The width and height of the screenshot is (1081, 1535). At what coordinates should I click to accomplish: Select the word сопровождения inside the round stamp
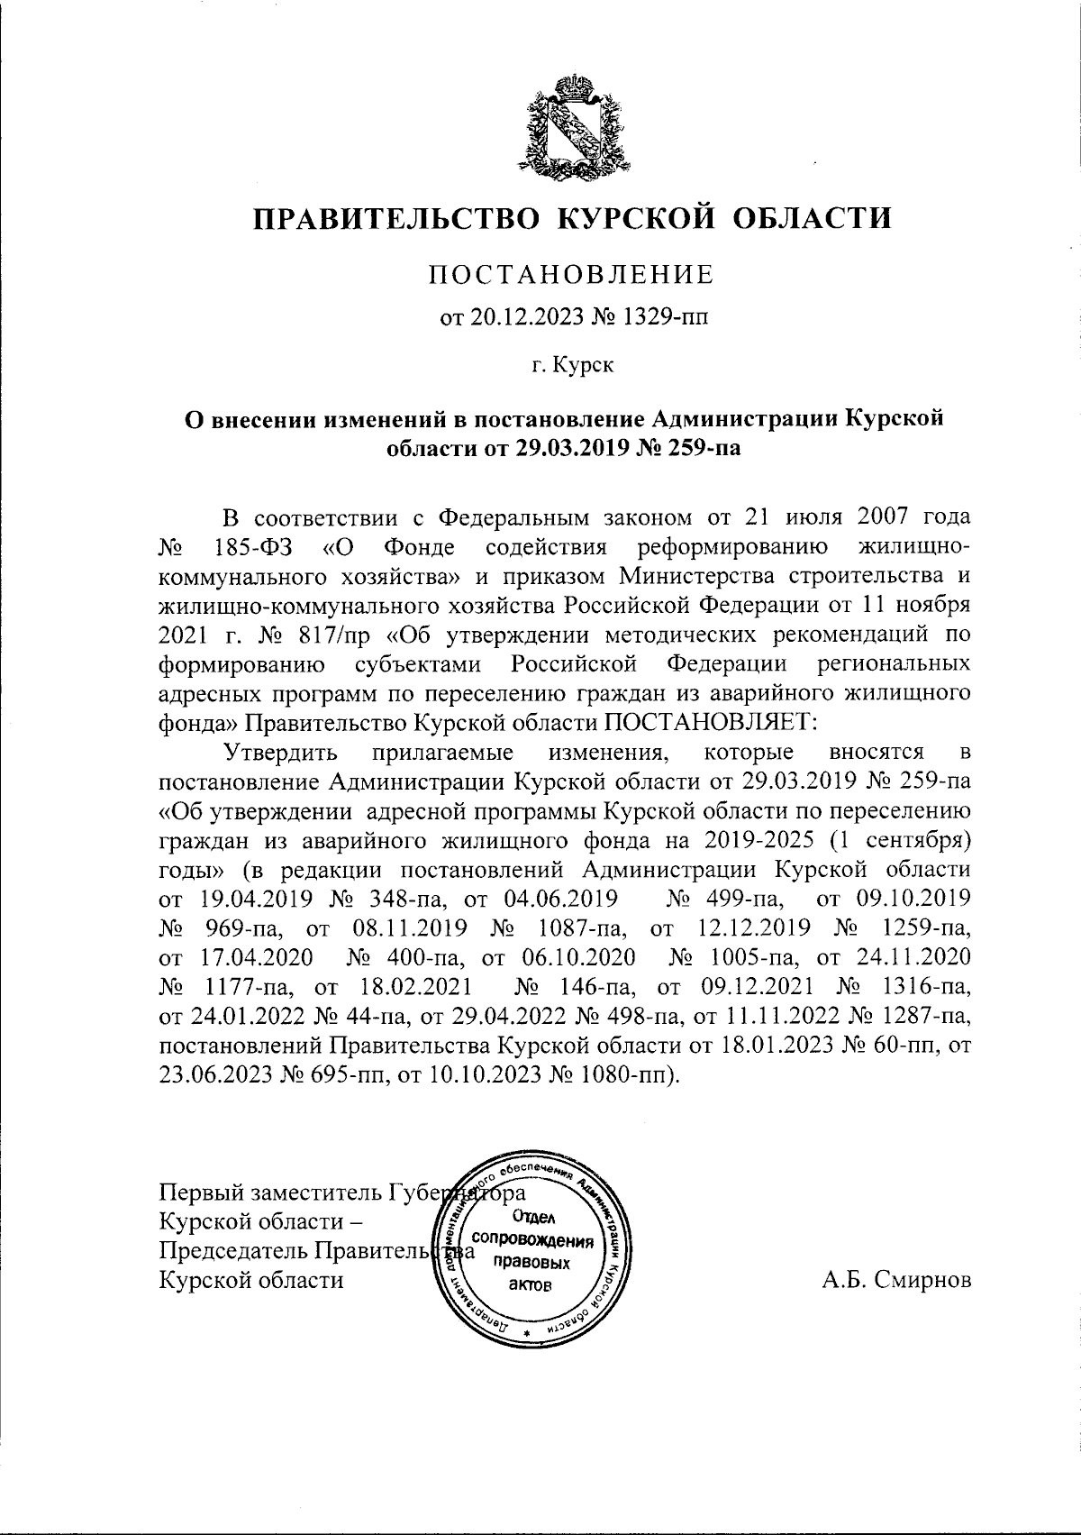tap(537, 1239)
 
